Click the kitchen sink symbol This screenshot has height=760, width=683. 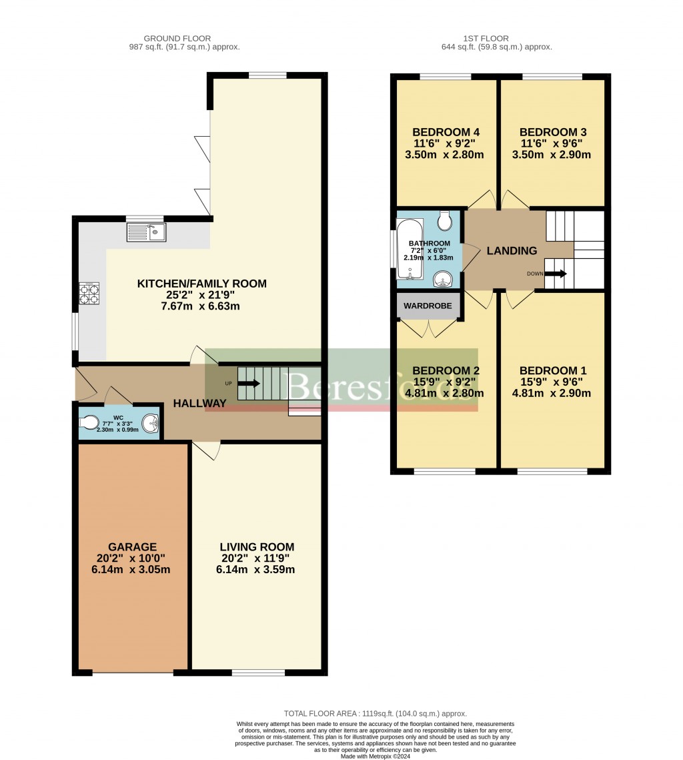tap(146, 232)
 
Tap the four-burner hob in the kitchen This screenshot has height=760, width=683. tap(89, 294)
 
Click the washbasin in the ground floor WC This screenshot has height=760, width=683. tap(151, 422)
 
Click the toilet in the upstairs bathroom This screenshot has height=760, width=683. tap(445, 220)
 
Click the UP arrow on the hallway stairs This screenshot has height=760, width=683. tap(248, 383)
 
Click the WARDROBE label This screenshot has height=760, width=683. tap(428, 306)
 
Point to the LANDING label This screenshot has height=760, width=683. tap(512, 251)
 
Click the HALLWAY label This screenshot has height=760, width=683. tap(199, 403)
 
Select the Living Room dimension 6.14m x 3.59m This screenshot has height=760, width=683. tap(255, 570)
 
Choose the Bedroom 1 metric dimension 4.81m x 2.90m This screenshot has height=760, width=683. tap(552, 394)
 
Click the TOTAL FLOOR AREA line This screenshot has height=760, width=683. tap(376, 713)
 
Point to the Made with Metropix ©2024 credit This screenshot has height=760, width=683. tap(376, 756)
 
